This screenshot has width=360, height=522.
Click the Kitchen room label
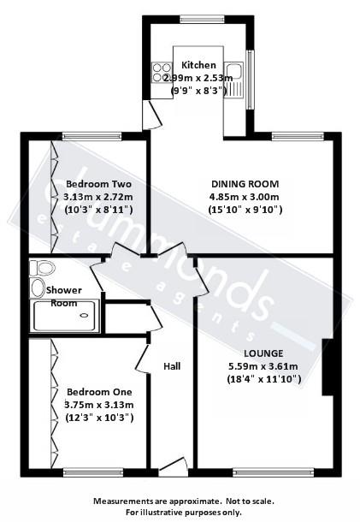click(x=198, y=65)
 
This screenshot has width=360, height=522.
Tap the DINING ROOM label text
click(x=245, y=183)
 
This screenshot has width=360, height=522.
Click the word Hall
click(x=172, y=366)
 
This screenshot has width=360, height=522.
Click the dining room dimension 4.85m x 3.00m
click(x=245, y=196)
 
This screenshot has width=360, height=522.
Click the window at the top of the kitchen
click(x=198, y=19)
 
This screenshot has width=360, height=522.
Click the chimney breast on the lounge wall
click(x=326, y=367)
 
